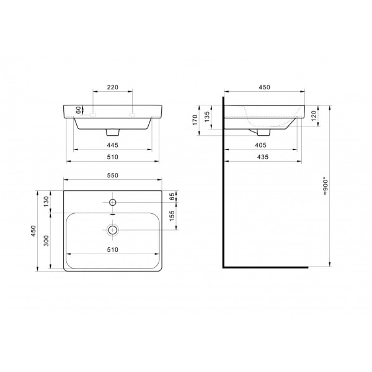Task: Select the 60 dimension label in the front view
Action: click(79, 110)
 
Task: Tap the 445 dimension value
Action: click(112, 144)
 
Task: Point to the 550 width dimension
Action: click(112, 176)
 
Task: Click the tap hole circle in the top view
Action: click(112, 202)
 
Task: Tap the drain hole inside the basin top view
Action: click(112, 230)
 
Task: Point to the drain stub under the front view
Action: click(112, 132)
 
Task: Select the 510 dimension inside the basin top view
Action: click(112, 249)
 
